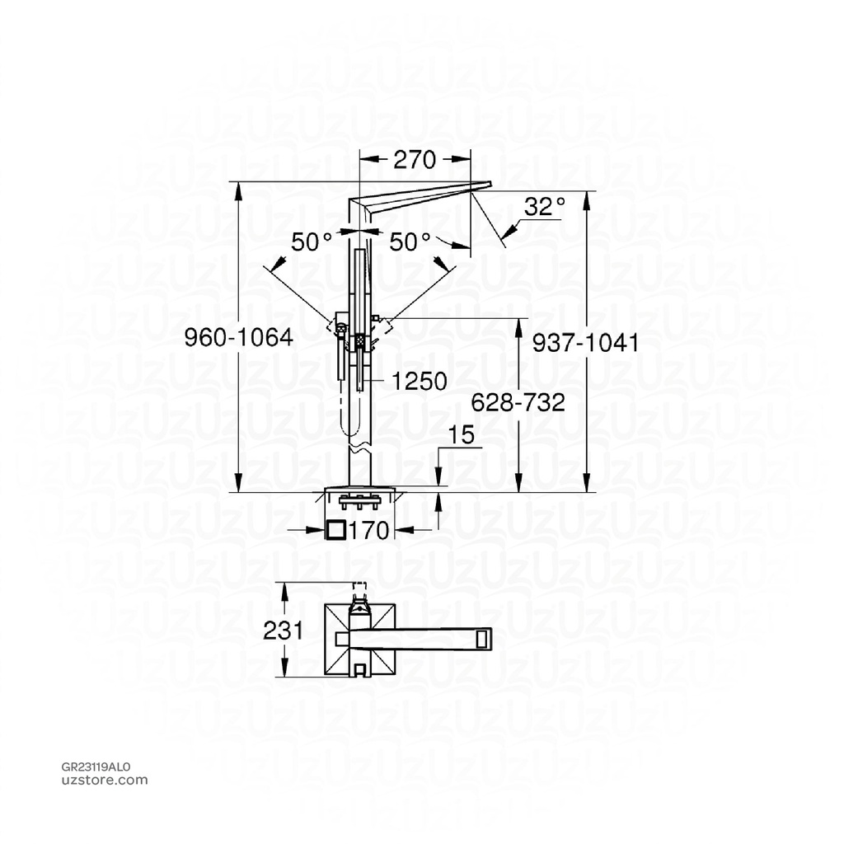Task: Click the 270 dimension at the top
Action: pyautogui.click(x=414, y=160)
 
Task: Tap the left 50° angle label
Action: pyautogui.click(x=311, y=241)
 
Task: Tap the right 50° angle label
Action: pyautogui.click(x=410, y=241)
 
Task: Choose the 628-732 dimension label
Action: pyautogui.click(x=518, y=402)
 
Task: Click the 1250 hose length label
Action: pyautogui.click(x=420, y=381)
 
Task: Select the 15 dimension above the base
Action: pyautogui.click(x=464, y=435)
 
